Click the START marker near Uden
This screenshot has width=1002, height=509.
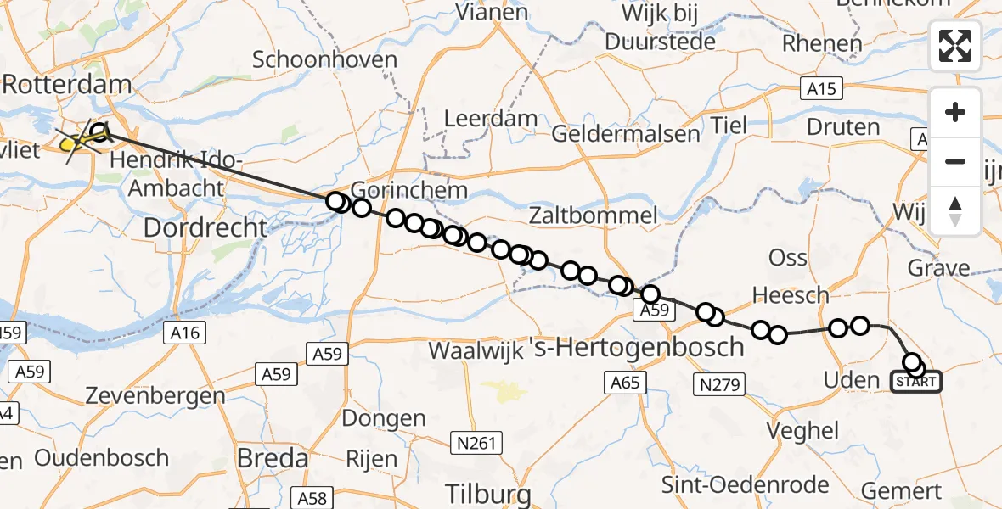pyautogui.click(x=915, y=382)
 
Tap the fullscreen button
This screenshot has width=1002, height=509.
pyautogui.click(x=955, y=46)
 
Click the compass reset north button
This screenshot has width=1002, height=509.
pyautogui.click(x=955, y=211)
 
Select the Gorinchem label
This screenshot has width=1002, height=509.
pyautogui.click(x=409, y=189)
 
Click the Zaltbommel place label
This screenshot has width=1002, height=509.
pyautogui.click(x=593, y=215)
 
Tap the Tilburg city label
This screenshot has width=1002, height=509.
pyautogui.click(x=488, y=494)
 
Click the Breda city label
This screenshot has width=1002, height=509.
pyautogui.click(x=273, y=459)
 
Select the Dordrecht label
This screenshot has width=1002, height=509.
pyautogui.click(x=205, y=227)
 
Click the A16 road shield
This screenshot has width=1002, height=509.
pyautogui.click(x=185, y=333)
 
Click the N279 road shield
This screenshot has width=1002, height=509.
pyautogui.click(x=718, y=385)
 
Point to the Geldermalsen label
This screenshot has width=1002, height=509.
pyautogui.click(x=626, y=134)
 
